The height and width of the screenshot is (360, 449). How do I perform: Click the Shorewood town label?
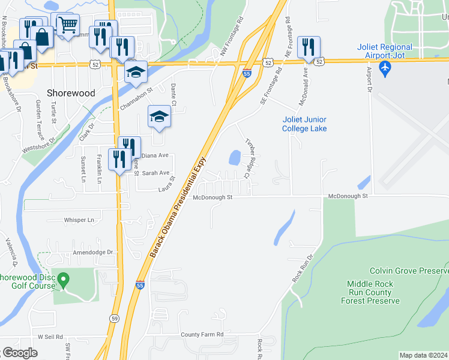pyautogui.click(x=71, y=93)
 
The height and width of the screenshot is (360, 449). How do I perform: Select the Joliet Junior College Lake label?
pyautogui.click(x=305, y=124)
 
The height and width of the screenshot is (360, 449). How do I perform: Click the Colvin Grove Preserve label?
pyautogui.click(x=409, y=271)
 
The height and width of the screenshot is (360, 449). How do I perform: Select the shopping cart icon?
pyautogui.click(x=69, y=25)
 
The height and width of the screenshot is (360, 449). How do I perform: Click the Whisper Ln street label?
pyautogui.click(x=79, y=220)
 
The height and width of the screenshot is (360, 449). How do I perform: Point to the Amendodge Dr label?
pyautogui.click(x=93, y=253)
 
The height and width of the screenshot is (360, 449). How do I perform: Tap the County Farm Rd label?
pyautogui.click(x=202, y=334)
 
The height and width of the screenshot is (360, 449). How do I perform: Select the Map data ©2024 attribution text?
pyautogui.click(x=424, y=355)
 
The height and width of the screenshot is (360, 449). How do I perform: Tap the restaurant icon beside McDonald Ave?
pyautogui.click(x=309, y=47)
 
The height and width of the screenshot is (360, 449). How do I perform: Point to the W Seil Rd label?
pyautogui.click(x=50, y=337)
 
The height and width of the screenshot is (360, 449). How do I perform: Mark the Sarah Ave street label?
pyautogui.click(x=155, y=173)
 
